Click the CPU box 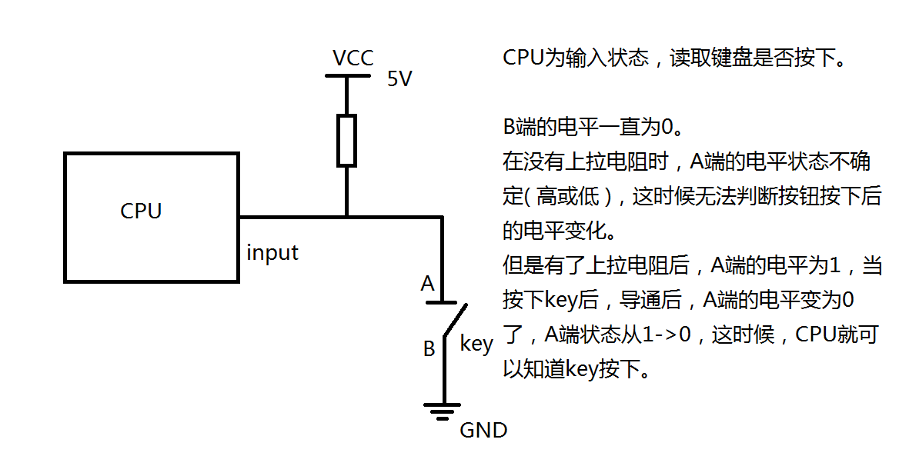tap(151, 216)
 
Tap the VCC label tap(353, 58)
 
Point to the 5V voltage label tap(399, 79)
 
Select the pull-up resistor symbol tap(346, 140)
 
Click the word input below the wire tap(272, 252)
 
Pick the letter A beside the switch tap(428, 284)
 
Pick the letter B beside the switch tap(429, 348)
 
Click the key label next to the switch tap(476, 344)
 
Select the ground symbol tap(443, 411)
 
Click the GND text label tap(483, 430)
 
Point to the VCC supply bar tap(346, 75)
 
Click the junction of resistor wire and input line tap(346, 217)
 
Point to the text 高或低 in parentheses tap(568, 196)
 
